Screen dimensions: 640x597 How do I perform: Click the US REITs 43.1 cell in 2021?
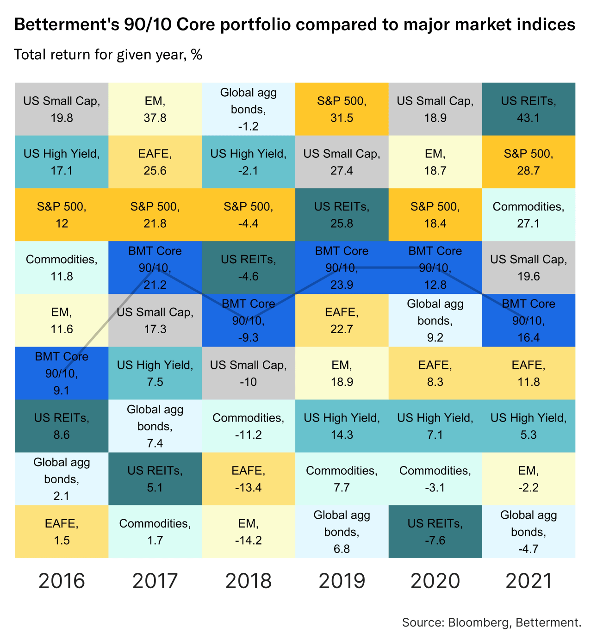(529, 109)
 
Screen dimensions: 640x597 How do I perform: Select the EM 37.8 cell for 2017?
(155, 109)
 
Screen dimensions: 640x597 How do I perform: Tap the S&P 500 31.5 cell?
(342, 109)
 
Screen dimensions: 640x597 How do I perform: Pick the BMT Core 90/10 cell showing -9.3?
(249, 320)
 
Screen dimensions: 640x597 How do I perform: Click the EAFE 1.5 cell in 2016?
(62, 532)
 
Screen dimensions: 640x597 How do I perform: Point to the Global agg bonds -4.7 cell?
(529, 532)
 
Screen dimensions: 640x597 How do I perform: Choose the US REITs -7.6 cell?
(435, 532)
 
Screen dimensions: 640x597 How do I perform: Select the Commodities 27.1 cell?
(529, 215)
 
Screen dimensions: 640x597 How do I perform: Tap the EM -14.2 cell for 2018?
(249, 532)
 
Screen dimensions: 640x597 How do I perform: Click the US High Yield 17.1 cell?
(62, 162)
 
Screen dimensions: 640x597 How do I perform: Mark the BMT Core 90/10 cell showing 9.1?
(62, 373)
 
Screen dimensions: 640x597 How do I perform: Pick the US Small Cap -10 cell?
(249, 373)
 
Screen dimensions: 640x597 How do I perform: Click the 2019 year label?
(342, 581)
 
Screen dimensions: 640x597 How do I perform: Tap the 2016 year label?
(62, 581)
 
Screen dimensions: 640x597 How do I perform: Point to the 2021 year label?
(529, 581)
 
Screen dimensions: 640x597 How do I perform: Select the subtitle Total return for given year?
(108, 55)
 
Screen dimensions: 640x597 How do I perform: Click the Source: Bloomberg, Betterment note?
(491, 622)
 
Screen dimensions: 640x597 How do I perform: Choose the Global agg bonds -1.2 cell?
(249, 109)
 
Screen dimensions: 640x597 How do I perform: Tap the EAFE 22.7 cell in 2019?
(342, 320)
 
